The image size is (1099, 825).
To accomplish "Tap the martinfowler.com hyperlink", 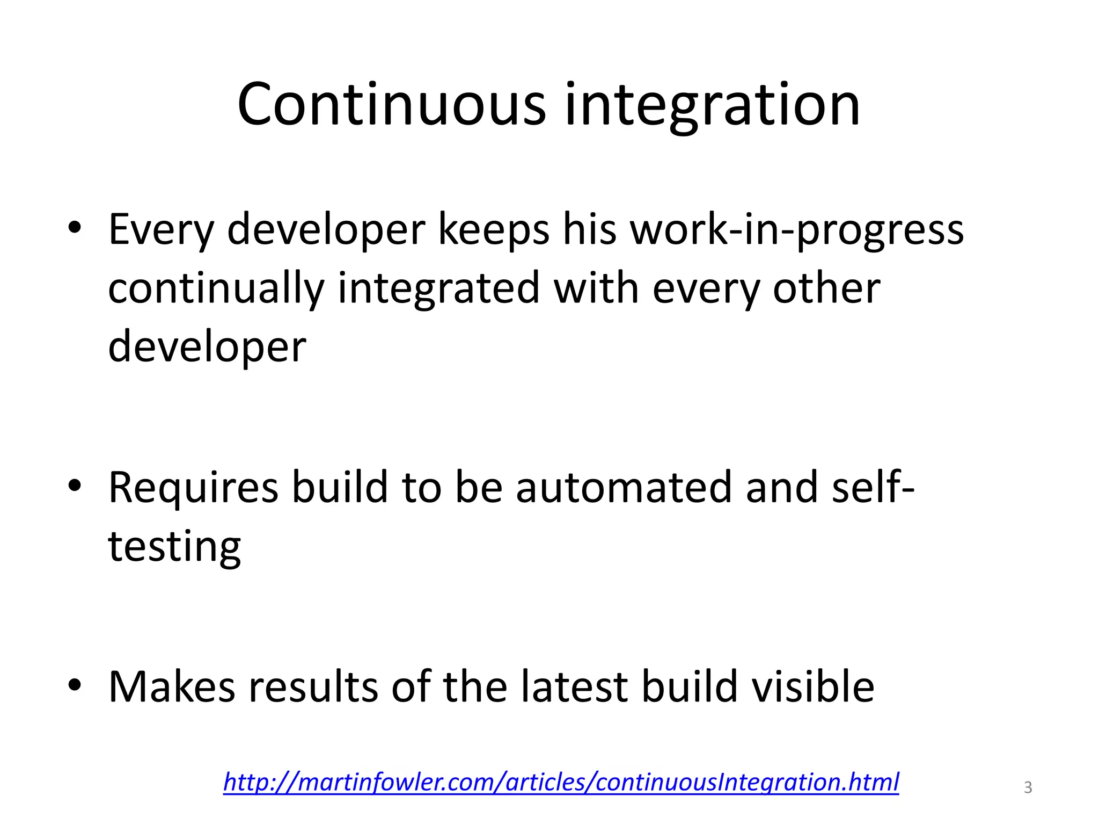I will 561,781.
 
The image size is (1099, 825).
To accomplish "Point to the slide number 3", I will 1028,787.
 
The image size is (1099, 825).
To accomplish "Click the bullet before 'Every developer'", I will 75,228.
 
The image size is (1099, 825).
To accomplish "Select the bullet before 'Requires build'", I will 75,486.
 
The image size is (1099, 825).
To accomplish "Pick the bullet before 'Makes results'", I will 75,685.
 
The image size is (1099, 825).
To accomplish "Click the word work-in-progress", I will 796,230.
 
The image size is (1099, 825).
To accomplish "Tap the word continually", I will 216,289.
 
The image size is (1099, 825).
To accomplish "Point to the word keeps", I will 494,230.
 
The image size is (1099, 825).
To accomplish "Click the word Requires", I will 194,488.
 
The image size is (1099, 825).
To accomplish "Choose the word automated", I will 624,487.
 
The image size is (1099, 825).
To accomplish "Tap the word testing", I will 174,547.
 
